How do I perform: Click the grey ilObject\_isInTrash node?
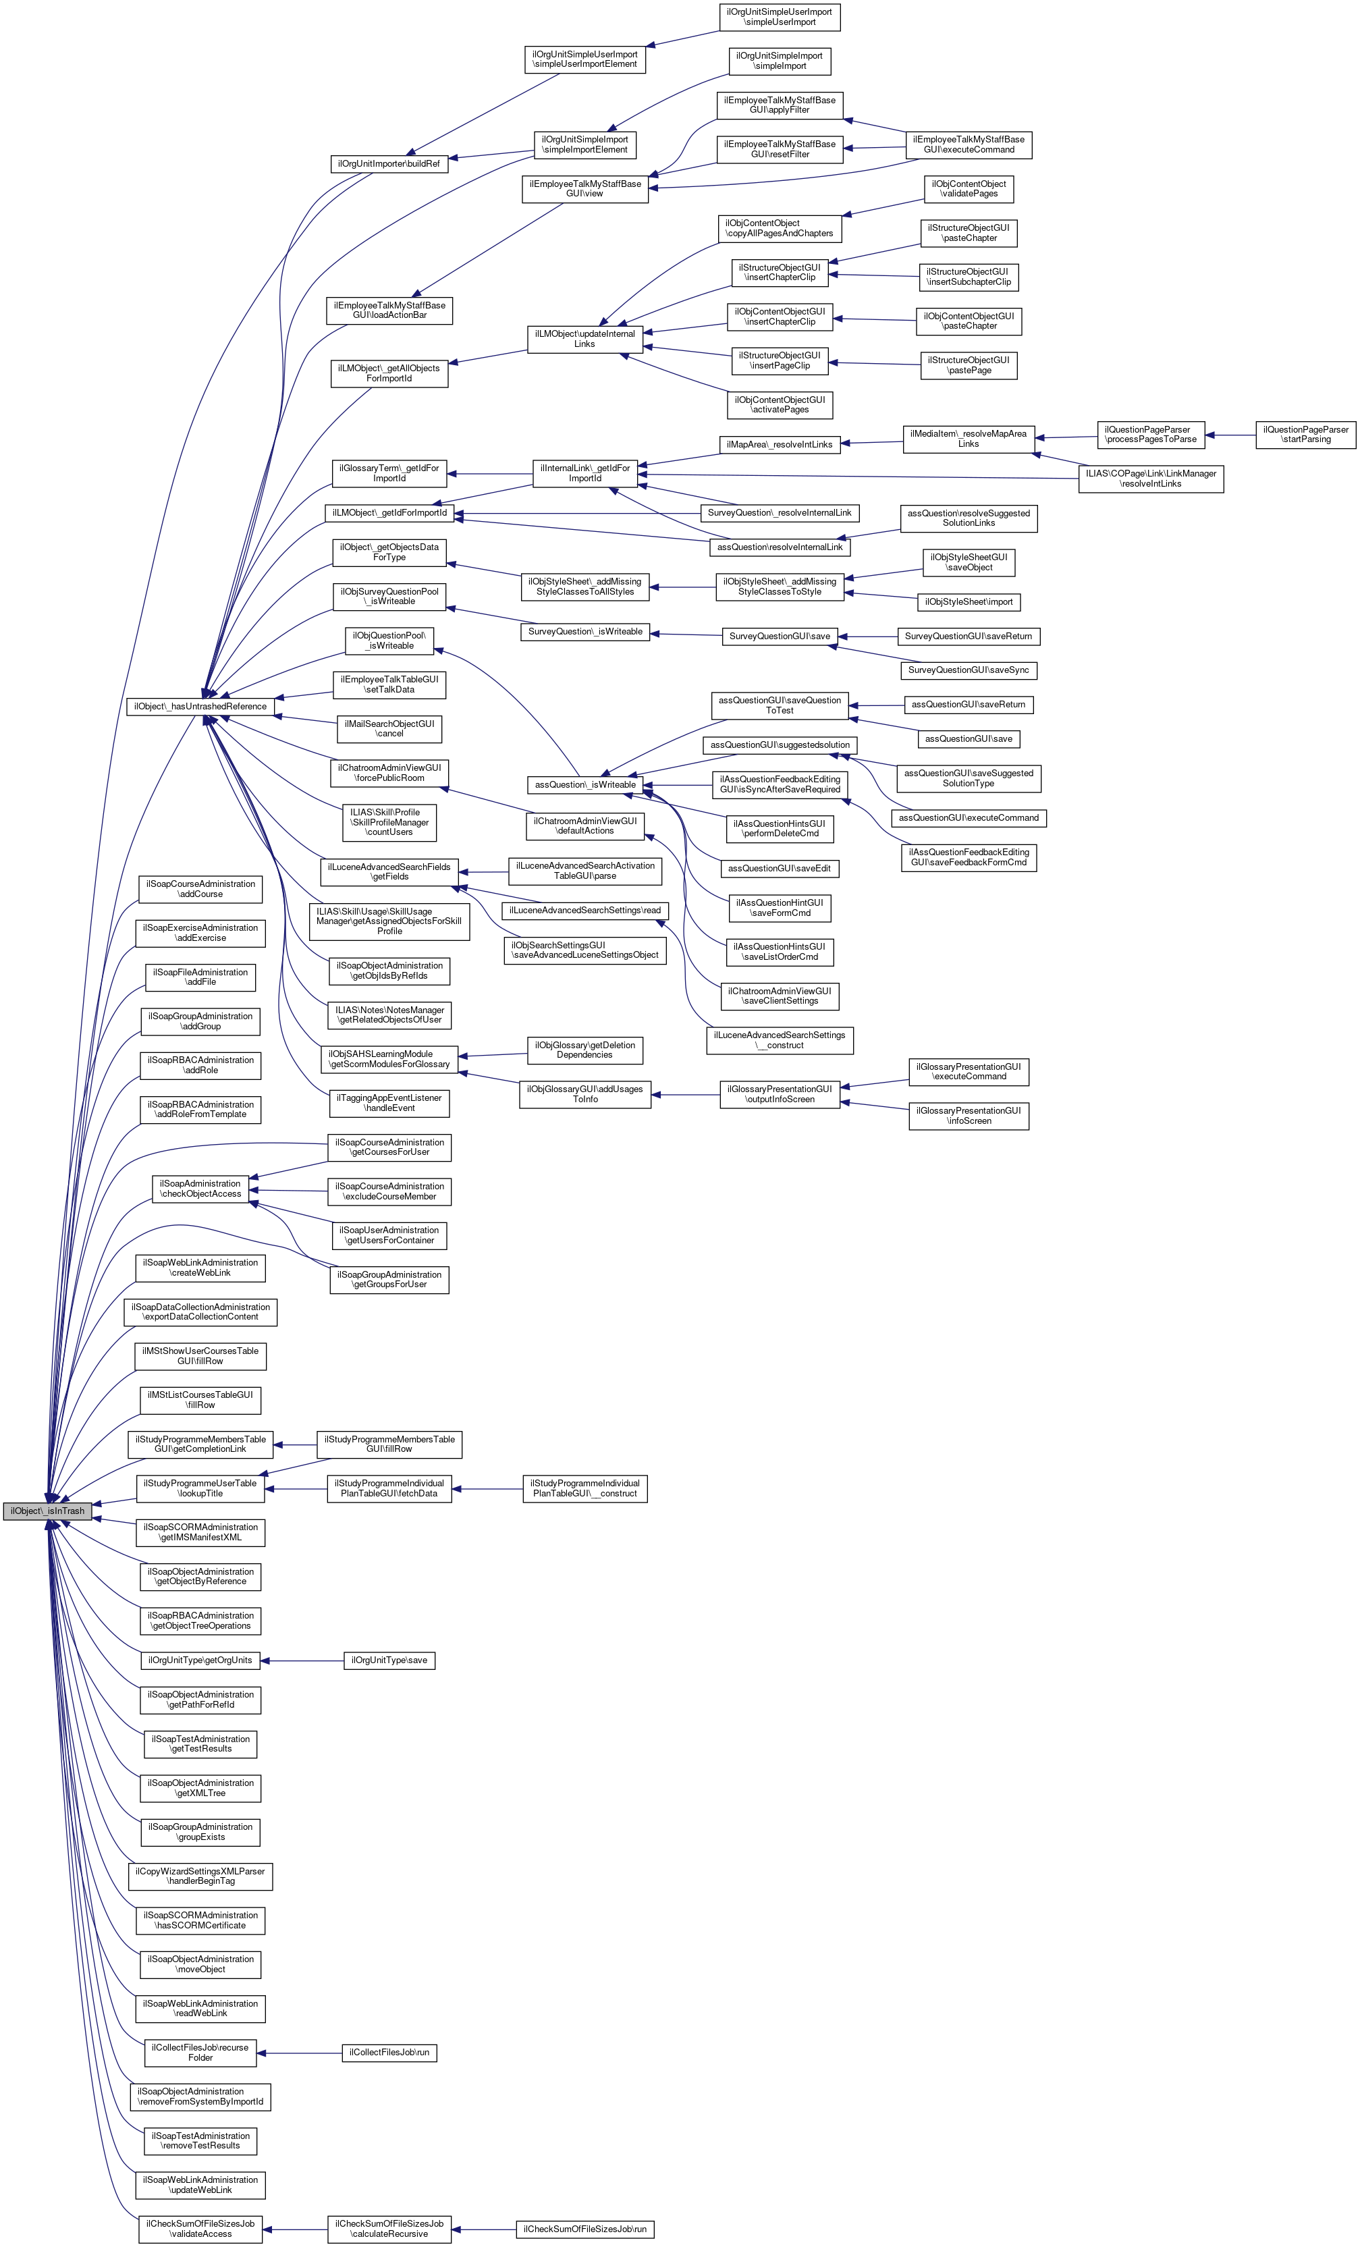pyautogui.click(x=47, y=1511)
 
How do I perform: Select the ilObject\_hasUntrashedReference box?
pyautogui.click(x=200, y=707)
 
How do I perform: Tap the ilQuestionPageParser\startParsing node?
pyautogui.click(x=1305, y=435)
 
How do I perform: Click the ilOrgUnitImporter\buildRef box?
pyautogui.click(x=389, y=164)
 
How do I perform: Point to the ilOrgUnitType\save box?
pyautogui.click(x=389, y=1660)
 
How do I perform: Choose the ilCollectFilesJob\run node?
pyautogui.click(x=389, y=2053)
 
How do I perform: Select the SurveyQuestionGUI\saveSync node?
pyautogui.click(x=968, y=670)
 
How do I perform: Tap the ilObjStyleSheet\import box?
pyautogui.click(x=969, y=602)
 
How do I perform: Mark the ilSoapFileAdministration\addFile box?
pyautogui.click(x=200, y=977)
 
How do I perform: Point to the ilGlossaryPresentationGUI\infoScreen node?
pyautogui.click(x=969, y=1116)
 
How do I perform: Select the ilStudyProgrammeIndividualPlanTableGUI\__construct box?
pyautogui.click(x=584, y=1488)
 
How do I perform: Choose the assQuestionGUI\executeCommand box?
pyautogui.click(x=969, y=818)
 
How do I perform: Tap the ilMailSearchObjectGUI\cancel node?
pyautogui.click(x=389, y=728)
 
